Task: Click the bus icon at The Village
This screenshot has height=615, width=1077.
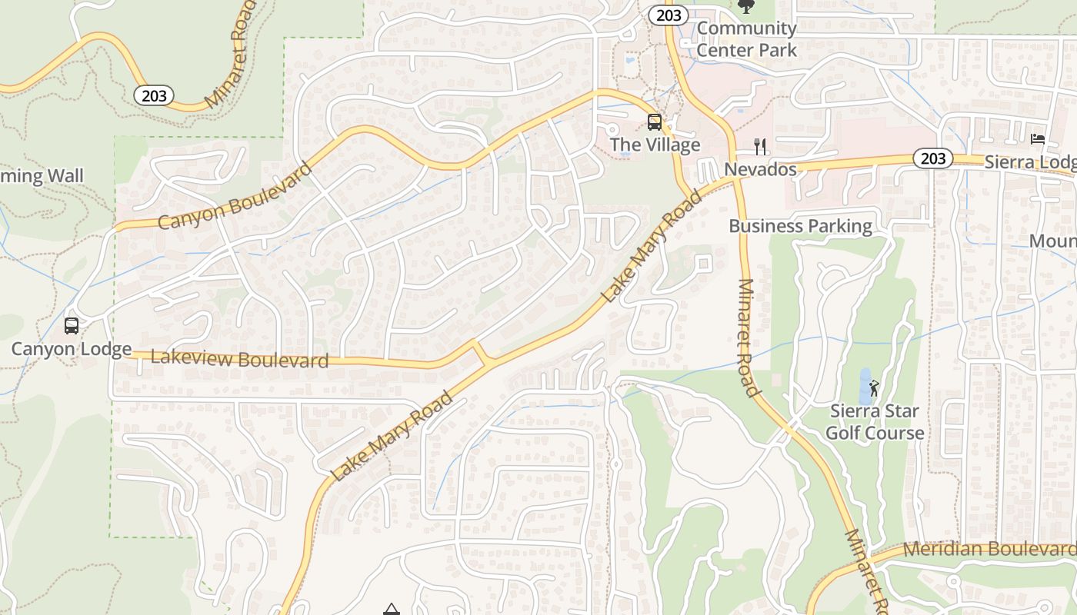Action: (x=654, y=121)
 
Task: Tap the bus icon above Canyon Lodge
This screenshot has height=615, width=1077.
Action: (x=72, y=326)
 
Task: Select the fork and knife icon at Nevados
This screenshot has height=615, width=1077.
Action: (x=760, y=146)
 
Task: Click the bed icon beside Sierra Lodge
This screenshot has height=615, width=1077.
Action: (x=1038, y=139)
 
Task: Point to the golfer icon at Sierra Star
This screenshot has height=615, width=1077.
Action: (x=873, y=387)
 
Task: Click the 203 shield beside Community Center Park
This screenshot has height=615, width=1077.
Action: (x=668, y=15)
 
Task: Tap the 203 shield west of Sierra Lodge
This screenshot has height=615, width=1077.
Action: (x=932, y=158)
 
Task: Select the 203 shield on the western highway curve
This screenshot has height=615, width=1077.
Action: (x=153, y=95)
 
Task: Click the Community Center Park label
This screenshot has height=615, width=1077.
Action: (x=746, y=39)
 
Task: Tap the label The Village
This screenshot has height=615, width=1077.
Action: (x=655, y=145)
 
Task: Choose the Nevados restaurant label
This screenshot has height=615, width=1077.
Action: (x=760, y=169)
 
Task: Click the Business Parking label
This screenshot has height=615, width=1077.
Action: (x=800, y=226)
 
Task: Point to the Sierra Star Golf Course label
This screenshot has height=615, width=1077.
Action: (x=875, y=422)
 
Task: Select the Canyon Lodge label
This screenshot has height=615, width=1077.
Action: (x=72, y=349)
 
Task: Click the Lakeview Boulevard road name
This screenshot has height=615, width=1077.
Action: (x=239, y=358)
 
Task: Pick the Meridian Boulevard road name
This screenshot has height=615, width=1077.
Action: (x=989, y=550)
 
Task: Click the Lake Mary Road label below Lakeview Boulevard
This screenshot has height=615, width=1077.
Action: (x=392, y=436)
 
